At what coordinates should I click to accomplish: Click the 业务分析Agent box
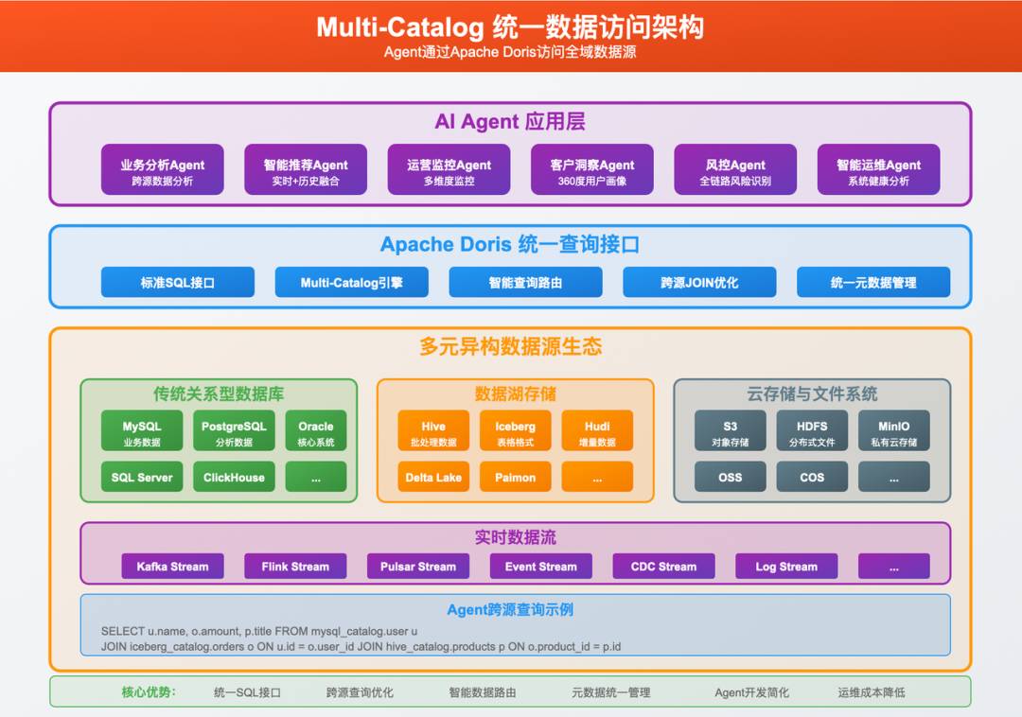pos(162,170)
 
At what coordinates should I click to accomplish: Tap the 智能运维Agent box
pos(878,170)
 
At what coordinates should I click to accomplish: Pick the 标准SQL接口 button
pos(178,282)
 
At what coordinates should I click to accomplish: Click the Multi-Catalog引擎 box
pos(351,282)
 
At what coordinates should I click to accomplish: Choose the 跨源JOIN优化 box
pos(699,282)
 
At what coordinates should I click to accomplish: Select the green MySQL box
pos(142,431)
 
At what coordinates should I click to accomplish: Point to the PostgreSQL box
pos(234,431)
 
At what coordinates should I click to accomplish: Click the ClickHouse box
pos(234,478)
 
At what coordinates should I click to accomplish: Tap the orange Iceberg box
pos(515,431)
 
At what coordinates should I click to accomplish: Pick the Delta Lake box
pos(433,478)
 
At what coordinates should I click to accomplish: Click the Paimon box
pos(515,478)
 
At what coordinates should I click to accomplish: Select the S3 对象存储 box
pos(730,431)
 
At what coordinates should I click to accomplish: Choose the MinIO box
pos(893,431)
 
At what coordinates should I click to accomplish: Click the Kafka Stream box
pos(172,567)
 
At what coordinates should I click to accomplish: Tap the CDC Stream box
pos(663,567)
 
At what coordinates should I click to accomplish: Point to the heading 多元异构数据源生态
pos(510,347)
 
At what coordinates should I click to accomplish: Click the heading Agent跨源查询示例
pos(510,610)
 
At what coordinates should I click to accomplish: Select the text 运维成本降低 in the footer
pos(871,692)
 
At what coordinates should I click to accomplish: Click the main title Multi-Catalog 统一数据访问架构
pos(510,26)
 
